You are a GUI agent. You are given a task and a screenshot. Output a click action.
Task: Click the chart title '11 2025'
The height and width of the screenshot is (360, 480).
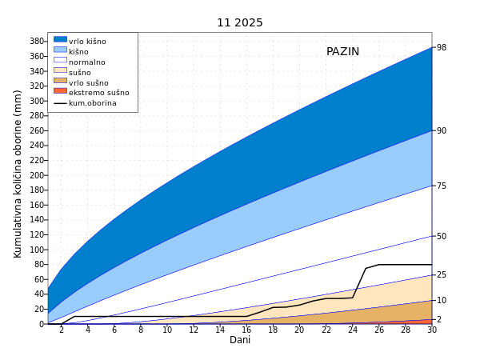point(240,23)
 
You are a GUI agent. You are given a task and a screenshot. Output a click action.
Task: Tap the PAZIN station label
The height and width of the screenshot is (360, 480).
point(342,52)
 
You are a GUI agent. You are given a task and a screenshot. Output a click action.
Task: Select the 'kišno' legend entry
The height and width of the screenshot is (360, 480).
point(78,52)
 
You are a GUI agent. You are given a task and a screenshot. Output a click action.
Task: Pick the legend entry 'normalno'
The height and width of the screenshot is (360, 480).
point(86,62)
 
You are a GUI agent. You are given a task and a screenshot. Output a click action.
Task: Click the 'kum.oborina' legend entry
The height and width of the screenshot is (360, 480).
point(92,103)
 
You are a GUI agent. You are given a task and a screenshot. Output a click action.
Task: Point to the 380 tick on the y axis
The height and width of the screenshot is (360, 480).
point(37,42)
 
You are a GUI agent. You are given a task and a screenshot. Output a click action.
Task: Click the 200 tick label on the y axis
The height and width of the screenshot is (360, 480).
point(37,175)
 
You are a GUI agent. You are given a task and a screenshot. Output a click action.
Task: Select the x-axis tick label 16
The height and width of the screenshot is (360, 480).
point(246,330)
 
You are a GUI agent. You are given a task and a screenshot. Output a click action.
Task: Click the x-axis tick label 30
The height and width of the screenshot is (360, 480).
point(432,330)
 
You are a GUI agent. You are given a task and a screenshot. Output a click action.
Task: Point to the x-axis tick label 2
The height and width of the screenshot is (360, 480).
point(62,330)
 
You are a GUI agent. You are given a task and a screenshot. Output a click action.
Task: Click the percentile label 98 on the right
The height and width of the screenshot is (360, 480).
point(442,48)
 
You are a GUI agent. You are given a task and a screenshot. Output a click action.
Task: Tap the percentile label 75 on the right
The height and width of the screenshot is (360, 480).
point(442,186)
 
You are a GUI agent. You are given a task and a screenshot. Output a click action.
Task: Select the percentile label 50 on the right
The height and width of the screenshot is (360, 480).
point(442,237)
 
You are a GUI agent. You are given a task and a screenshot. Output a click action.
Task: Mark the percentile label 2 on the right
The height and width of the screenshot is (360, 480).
point(439,320)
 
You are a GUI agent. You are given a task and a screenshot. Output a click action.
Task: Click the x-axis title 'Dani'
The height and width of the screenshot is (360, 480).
point(240,340)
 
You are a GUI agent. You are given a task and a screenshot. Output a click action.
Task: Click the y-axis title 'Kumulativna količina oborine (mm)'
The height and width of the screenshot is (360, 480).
point(18,174)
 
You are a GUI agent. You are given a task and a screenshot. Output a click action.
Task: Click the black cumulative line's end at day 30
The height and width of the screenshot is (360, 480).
point(431,265)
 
